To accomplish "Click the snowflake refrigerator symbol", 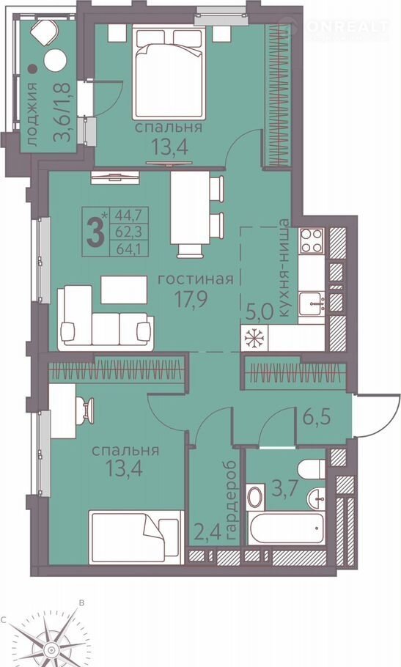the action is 254,339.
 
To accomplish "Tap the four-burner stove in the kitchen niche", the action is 312,240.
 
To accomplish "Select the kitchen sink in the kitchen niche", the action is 312,303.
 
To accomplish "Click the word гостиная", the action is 196,279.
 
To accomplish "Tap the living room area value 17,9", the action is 191,300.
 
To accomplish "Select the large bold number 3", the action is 95,232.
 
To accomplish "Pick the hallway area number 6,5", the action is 317,418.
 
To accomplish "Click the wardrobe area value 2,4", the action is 208,532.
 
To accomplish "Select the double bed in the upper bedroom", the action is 169,72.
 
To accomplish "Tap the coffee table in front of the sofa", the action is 124,290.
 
